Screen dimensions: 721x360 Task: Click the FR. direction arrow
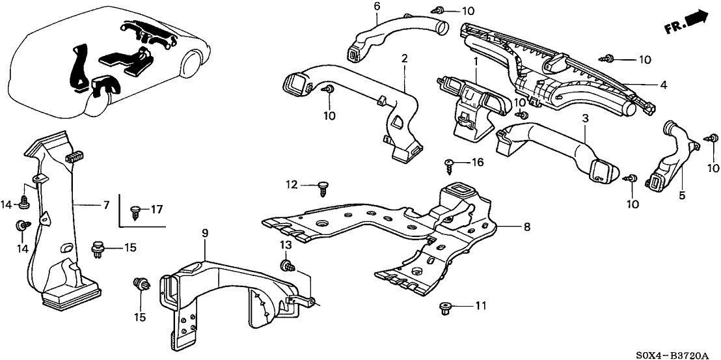[x=686, y=23]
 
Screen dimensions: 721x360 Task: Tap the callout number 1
[x=476, y=61]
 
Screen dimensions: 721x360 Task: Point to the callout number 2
[x=404, y=58]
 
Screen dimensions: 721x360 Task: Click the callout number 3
[x=585, y=118]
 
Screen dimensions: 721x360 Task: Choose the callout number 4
[x=662, y=85]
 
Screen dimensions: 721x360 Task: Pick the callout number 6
[x=377, y=7]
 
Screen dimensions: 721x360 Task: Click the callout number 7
[x=106, y=205]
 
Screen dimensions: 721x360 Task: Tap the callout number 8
[x=527, y=227]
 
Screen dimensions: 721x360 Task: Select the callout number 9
[x=205, y=233]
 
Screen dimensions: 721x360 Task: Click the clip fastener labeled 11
[x=445, y=307]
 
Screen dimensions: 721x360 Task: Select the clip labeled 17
[x=135, y=212]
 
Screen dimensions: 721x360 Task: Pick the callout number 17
[x=157, y=210]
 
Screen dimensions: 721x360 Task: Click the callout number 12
[x=292, y=186]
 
